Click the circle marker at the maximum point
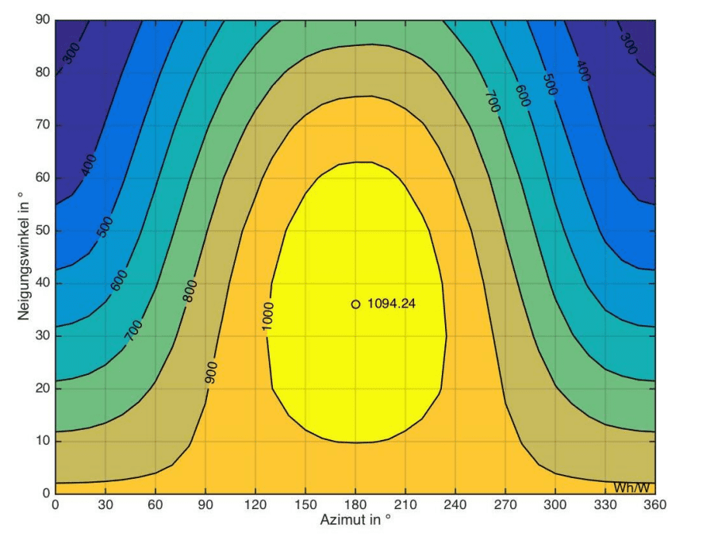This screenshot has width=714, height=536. pos(355,304)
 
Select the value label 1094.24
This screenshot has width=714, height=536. pos(392,304)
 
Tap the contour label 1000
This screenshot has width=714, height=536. pos(267,316)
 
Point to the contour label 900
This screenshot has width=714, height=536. pos(211,372)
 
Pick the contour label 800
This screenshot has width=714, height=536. pos(190,291)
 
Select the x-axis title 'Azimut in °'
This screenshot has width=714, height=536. pos(355,520)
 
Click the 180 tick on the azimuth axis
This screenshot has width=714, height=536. pos(355,503)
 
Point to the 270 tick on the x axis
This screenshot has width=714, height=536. pos(505,503)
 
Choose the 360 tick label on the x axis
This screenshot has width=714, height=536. pos(655,503)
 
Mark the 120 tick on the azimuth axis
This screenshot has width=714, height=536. pos(255,503)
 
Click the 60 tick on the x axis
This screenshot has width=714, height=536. pos(155,503)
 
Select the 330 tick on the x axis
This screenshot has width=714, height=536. pos(605,503)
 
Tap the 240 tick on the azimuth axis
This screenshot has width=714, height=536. pos(455,503)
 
